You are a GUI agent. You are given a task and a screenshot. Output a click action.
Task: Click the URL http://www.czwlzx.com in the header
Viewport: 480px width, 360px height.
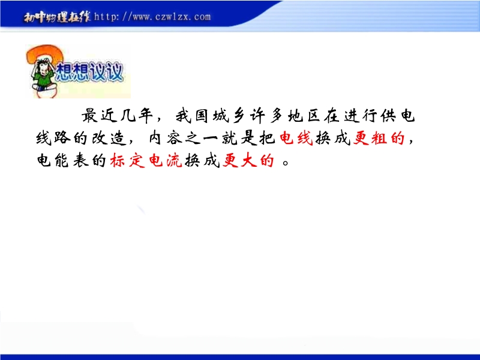(152, 16)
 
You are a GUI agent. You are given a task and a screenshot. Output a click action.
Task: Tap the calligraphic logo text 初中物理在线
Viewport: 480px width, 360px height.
(57, 17)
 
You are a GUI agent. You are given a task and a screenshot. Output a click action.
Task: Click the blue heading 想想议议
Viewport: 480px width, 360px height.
(89, 72)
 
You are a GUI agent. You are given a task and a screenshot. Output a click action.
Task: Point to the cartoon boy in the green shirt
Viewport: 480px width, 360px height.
(44, 76)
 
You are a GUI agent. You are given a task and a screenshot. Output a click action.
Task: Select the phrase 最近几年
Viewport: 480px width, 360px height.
(117, 116)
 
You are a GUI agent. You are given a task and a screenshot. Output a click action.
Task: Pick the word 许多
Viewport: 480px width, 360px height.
(266, 116)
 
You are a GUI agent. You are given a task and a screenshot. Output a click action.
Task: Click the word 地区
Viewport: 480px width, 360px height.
(304, 116)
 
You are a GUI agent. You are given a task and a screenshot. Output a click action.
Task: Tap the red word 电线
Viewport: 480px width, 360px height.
(296, 138)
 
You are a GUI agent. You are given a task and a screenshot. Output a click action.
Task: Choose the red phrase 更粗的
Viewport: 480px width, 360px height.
(379, 139)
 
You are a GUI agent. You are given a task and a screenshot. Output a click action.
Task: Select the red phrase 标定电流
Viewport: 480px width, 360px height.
(146, 160)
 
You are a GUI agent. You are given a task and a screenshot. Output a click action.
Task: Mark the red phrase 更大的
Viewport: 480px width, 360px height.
(248, 160)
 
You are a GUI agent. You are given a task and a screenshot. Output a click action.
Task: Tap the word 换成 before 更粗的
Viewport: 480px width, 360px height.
(333, 139)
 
